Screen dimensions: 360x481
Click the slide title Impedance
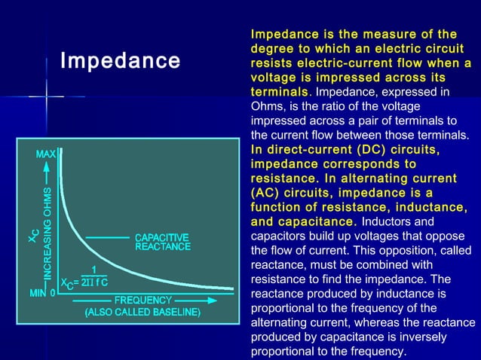(120, 60)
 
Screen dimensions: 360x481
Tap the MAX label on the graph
(45, 154)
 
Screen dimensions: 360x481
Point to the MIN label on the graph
(39, 292)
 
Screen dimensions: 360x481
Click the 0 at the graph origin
(52, 292)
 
